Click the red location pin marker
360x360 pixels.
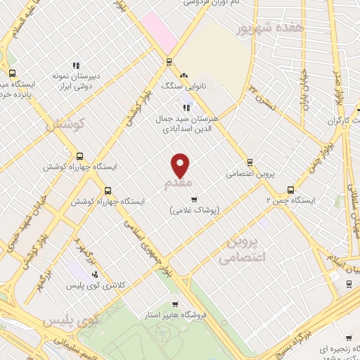181,165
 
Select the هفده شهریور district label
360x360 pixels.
270,28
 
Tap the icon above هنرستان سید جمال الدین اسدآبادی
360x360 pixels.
186,108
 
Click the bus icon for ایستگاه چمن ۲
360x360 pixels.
290,189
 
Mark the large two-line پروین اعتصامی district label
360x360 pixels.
241,250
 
